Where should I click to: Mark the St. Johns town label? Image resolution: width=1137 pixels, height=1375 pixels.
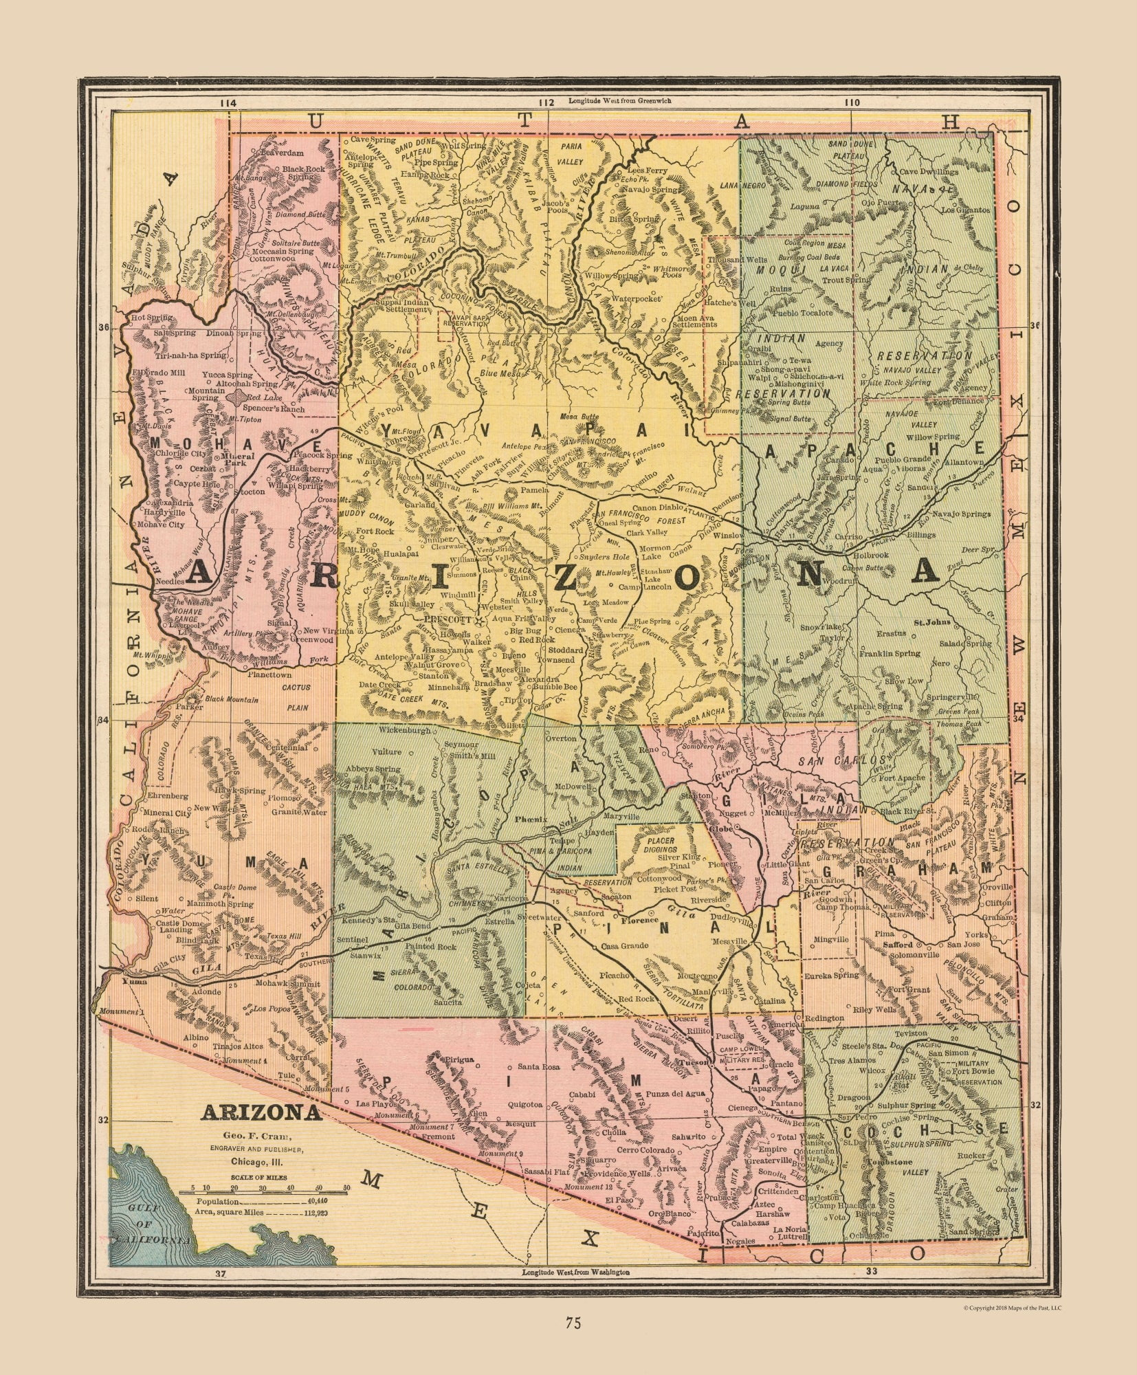[931, 622]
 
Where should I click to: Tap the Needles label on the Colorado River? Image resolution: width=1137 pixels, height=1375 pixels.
[170, 581]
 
